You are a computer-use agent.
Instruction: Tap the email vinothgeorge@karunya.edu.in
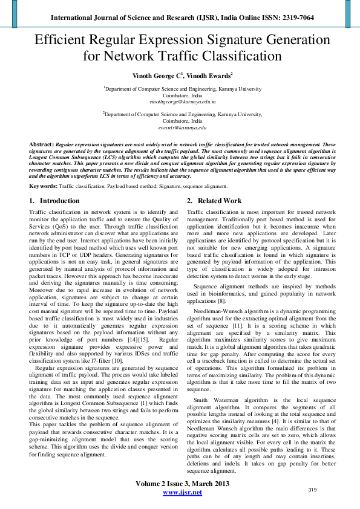[180, 102]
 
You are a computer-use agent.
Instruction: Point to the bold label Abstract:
[41, 146]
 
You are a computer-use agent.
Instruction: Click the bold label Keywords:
[44, 187]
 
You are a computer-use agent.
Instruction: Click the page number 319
[313, 489]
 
